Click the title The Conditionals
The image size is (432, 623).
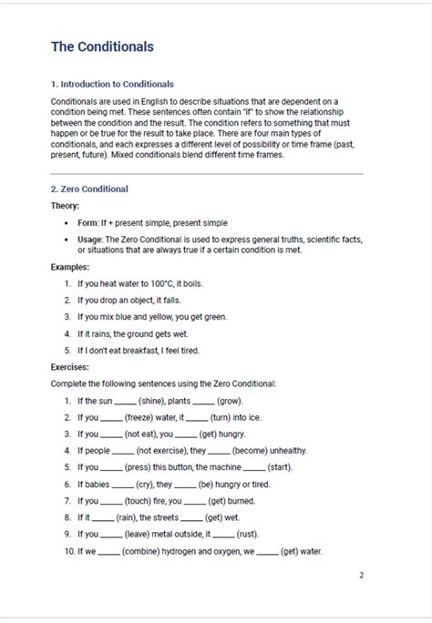click(102, 46)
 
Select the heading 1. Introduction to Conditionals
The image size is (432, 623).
click(112, 84)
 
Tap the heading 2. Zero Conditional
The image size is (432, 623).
click(89, 189)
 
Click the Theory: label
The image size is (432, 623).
click(65, 206)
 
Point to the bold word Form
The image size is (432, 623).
click(87, 222)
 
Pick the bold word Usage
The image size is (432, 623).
click(91, 239)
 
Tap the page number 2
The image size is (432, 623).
click(361, 575)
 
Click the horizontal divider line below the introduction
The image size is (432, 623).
click(207, 173)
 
